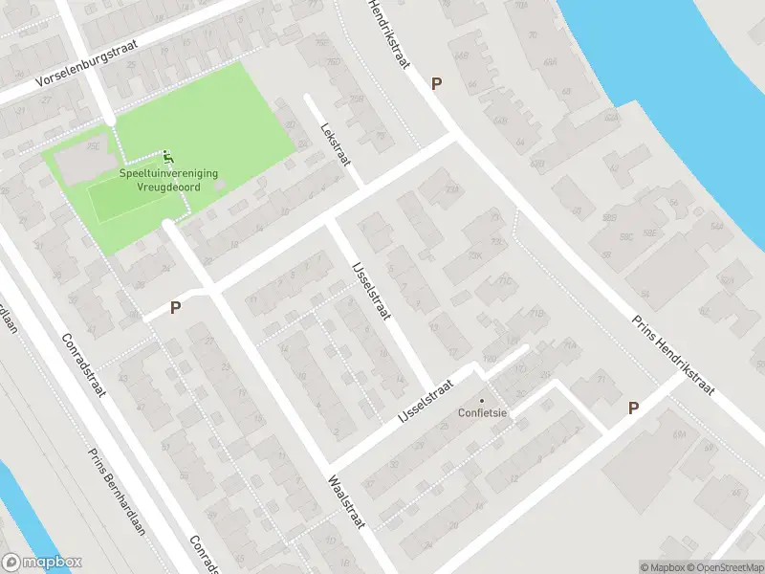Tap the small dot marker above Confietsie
482,401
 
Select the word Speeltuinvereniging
168,173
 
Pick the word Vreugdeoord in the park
169,187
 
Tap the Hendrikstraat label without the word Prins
389,34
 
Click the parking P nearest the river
436,84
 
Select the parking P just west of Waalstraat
175,308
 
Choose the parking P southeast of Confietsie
633,408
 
